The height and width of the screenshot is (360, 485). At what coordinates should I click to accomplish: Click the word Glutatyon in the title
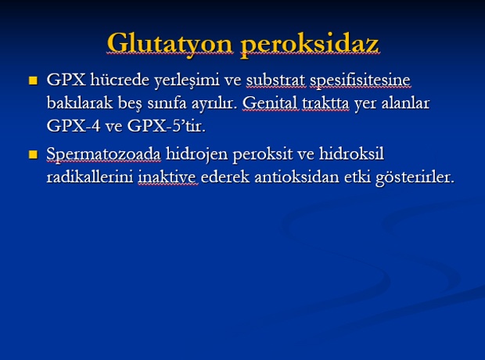pyautogui.click(x=170, y=43)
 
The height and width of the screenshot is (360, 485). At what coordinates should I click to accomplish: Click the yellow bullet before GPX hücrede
pyautogui.click(x=33, y=81)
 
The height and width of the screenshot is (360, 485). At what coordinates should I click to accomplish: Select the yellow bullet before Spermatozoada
pyautogui.click(x=33, y=154)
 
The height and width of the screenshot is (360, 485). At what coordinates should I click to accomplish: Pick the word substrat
pyautogui.click(x=275, y=80)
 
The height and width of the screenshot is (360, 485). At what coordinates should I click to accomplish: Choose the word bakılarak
pyautogui.click(x=80, y=103)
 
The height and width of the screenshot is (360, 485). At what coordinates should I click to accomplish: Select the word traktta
pyautogui.click(x=325, y=103)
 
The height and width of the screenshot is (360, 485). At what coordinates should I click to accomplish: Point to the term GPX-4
pyautogui.click(x=74, y=126)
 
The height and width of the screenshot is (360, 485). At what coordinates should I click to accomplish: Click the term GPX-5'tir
pyautogui.click(x=166, y=126)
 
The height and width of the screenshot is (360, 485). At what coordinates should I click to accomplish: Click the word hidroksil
pyautogui.click(x=351, y=154)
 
